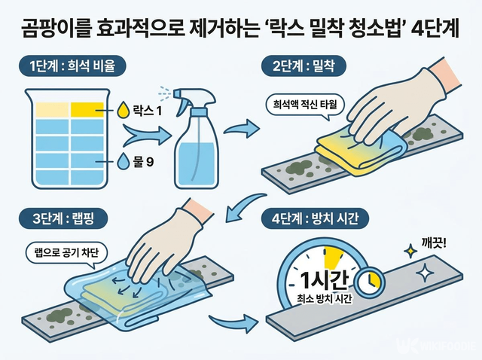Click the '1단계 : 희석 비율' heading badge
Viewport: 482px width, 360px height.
(x=72, y=66)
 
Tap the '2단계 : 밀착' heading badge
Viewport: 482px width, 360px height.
(x=304, y=66)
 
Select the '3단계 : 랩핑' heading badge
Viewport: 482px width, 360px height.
(x=63, y=218)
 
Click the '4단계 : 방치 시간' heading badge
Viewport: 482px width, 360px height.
(x=315, y=218)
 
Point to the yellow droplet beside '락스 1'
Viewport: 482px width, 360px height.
(x=124, y=110)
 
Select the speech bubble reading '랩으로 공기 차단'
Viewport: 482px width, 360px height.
(x=67, y=254)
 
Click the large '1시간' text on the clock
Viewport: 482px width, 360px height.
(x=325, y=279)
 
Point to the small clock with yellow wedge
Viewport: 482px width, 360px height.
(x=370, y=282)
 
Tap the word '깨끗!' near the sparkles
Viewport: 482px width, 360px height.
(x=434, y=245)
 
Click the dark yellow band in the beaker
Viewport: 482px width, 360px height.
(x=87, y=110)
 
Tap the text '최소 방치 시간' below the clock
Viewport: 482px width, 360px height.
(x=324, y=299)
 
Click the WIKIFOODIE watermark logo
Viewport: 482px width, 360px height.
(x=437, y=345)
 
